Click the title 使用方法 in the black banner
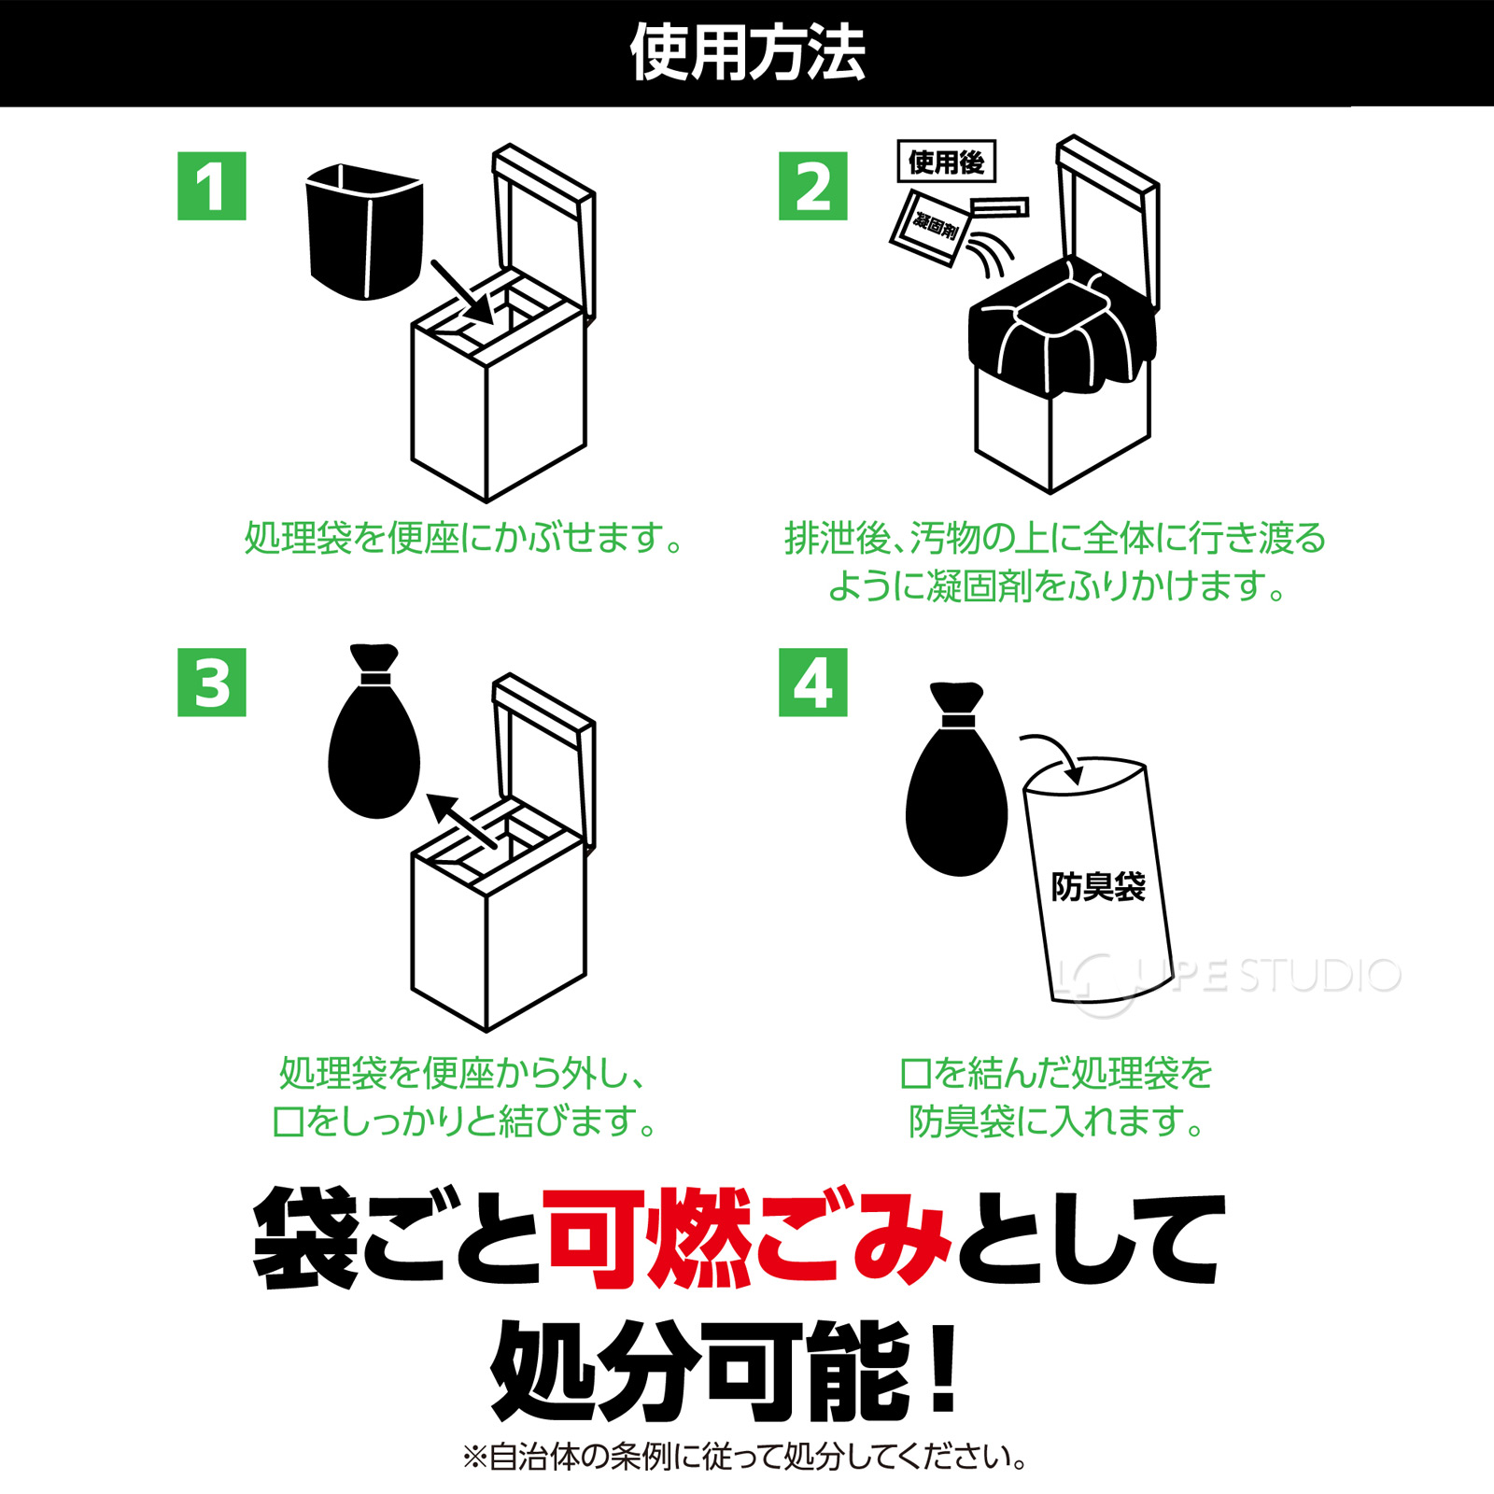(747, 53)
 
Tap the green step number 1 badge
(211, 187)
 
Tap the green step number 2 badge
(812, 187)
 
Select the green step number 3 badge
(211, 683)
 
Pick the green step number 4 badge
(812, 683)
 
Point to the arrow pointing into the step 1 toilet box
(462, 291)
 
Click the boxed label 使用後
(946, 162)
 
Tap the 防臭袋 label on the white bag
(1098, 887)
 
